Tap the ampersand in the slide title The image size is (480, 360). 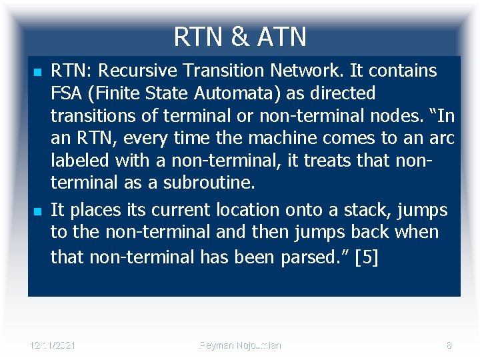coord(238,37)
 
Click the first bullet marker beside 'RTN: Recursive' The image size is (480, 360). coord(37,71)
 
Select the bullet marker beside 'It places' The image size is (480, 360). coord(37,211)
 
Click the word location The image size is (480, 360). coord(243,210)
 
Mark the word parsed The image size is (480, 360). coord(307,257)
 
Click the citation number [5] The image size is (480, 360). coord(367,257)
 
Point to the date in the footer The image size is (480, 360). coord(53,345)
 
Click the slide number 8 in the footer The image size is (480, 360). coord(449,345)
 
